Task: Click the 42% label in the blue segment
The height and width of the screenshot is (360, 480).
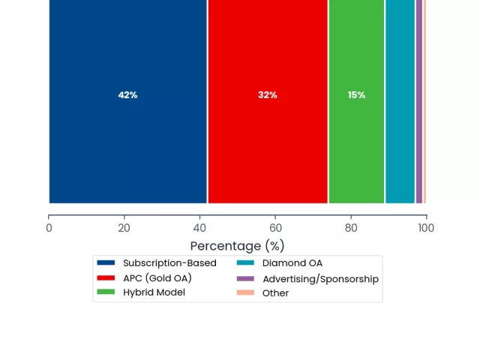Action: click(127, 95)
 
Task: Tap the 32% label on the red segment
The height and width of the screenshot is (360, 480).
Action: click(268, 95)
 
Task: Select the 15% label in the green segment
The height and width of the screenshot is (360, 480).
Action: click(357, 95)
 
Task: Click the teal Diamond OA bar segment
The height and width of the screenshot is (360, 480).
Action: click(400, 101)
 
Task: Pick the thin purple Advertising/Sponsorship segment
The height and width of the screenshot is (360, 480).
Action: click(419, 101)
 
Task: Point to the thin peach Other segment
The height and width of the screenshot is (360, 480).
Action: click(424, 101)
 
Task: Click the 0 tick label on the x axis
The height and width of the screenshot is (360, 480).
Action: click(49, 228)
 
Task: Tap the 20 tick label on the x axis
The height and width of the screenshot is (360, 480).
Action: click(124, 228)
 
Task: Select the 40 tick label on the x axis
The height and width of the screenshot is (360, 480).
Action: click(199, 228)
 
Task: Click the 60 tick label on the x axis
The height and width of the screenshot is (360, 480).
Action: click(275, 228)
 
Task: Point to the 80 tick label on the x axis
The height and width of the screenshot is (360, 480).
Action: click(351, 228)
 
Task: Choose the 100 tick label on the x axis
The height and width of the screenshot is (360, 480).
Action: click(426, 228)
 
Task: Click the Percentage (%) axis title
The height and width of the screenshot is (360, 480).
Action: click(237, 246)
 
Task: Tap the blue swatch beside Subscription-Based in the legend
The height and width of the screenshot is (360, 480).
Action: click(106, 262)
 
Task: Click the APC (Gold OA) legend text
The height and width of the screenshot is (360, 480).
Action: click(157, 278)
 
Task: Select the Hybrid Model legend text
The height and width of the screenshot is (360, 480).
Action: click(154, 292)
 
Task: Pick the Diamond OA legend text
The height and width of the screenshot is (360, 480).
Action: click(292, 263)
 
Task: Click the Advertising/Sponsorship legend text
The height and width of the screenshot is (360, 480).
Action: click(320, 279)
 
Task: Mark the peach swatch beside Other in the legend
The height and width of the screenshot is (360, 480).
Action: click(245, 292)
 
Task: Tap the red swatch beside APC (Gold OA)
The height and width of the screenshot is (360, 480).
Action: click(106, 277)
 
